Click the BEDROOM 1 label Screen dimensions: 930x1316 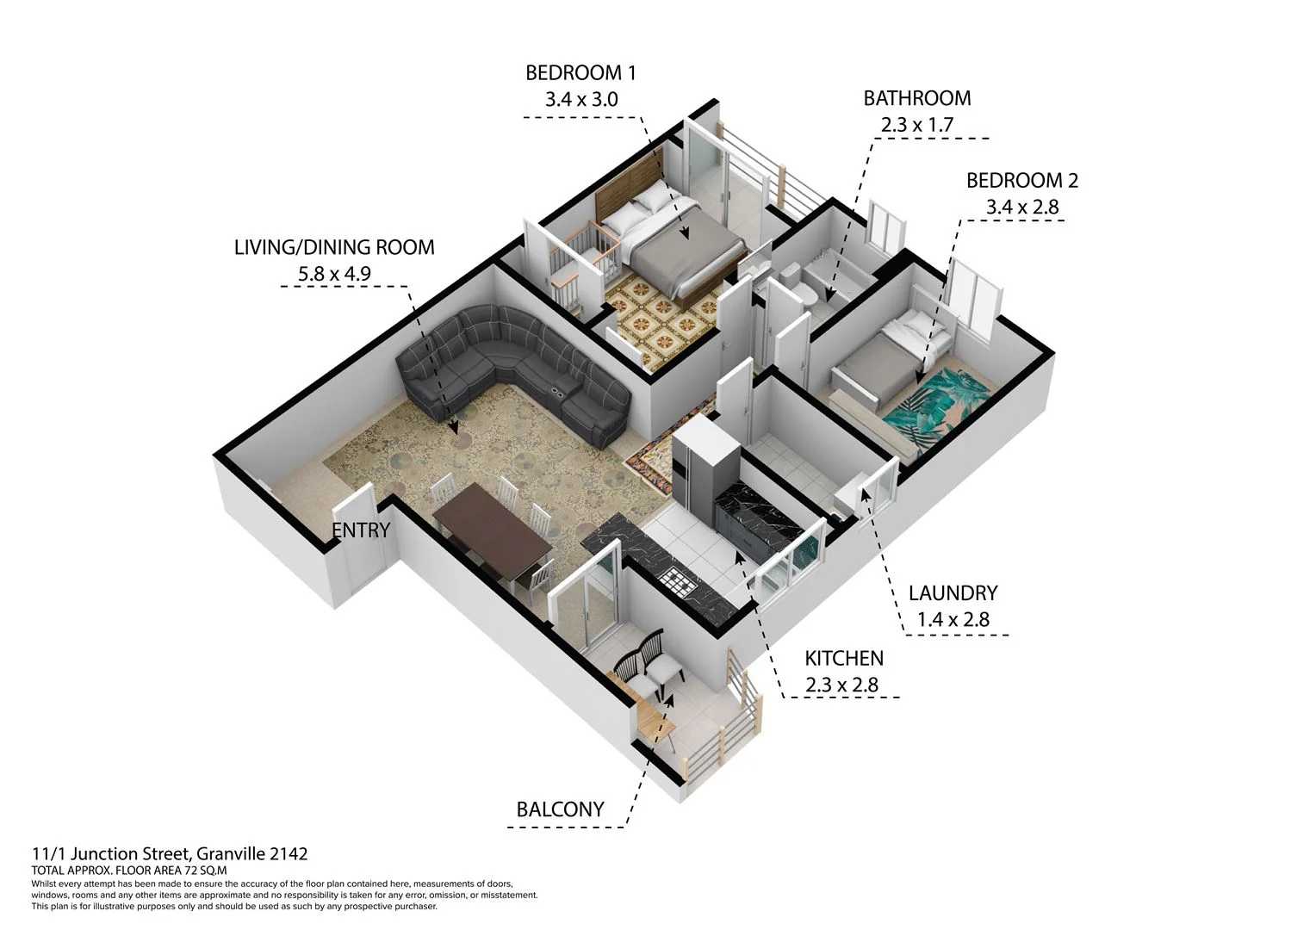[580, 73]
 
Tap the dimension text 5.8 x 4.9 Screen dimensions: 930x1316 [334, 275]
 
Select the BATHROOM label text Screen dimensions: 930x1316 [916, 98]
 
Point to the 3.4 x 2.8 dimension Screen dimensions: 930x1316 [1021, 208]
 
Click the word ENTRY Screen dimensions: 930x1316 [361, 530]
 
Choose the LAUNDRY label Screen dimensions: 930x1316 [953, 593]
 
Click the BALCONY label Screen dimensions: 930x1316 [560, 809]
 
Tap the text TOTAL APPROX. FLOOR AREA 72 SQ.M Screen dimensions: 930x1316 [128, 871]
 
